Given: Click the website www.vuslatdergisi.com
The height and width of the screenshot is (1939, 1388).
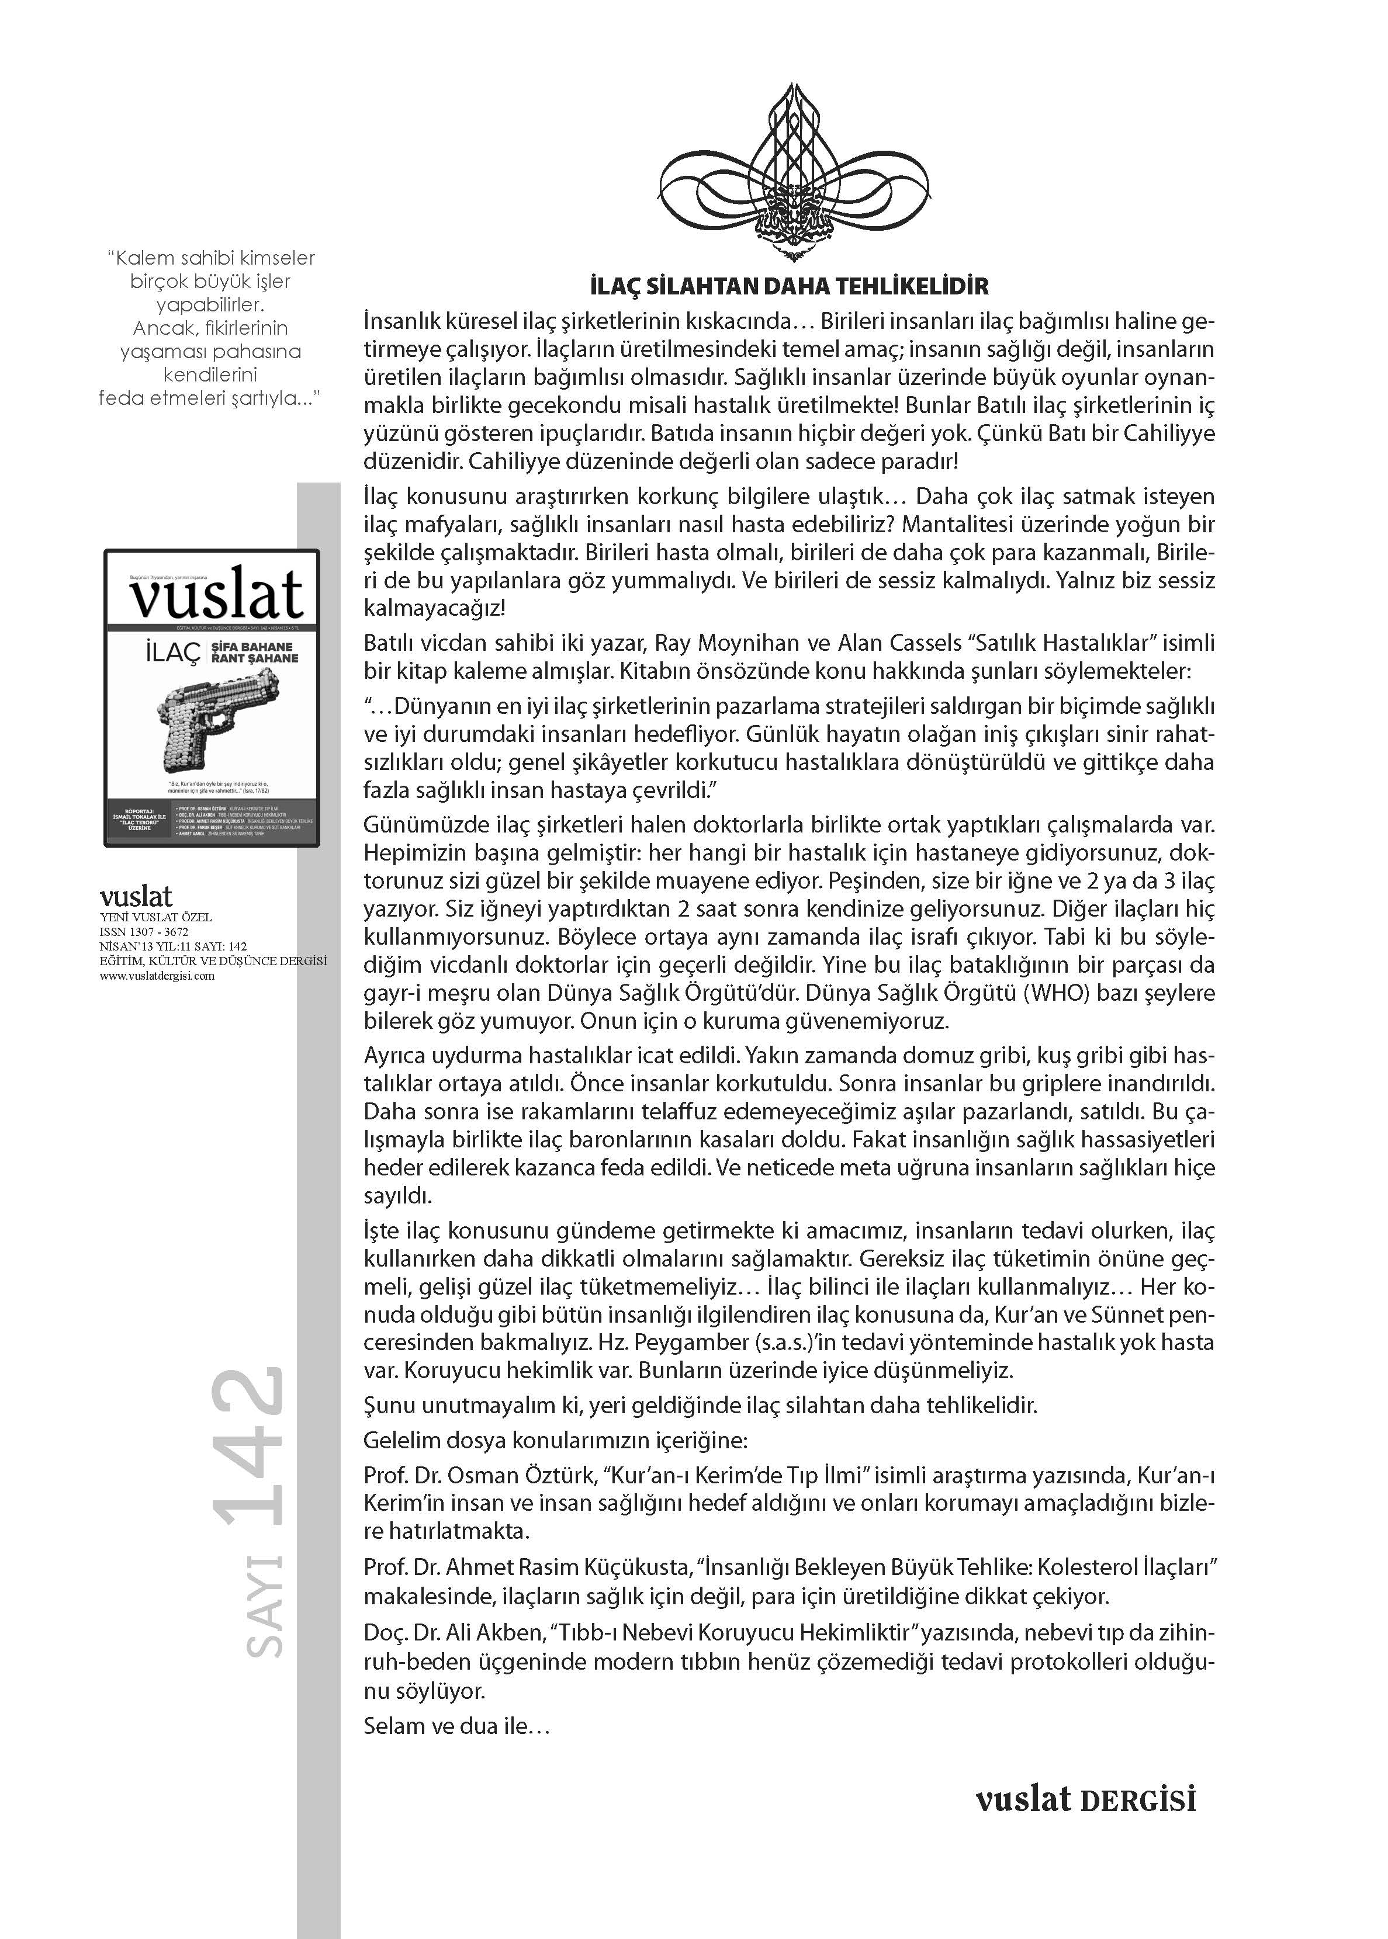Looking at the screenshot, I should (157, 976).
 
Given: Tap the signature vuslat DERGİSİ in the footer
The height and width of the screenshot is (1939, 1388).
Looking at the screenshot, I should (1085, 1800).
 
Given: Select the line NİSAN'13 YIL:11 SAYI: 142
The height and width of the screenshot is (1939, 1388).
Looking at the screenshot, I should (174, 946).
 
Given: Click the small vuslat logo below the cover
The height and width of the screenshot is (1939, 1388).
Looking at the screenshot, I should (136, 897).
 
